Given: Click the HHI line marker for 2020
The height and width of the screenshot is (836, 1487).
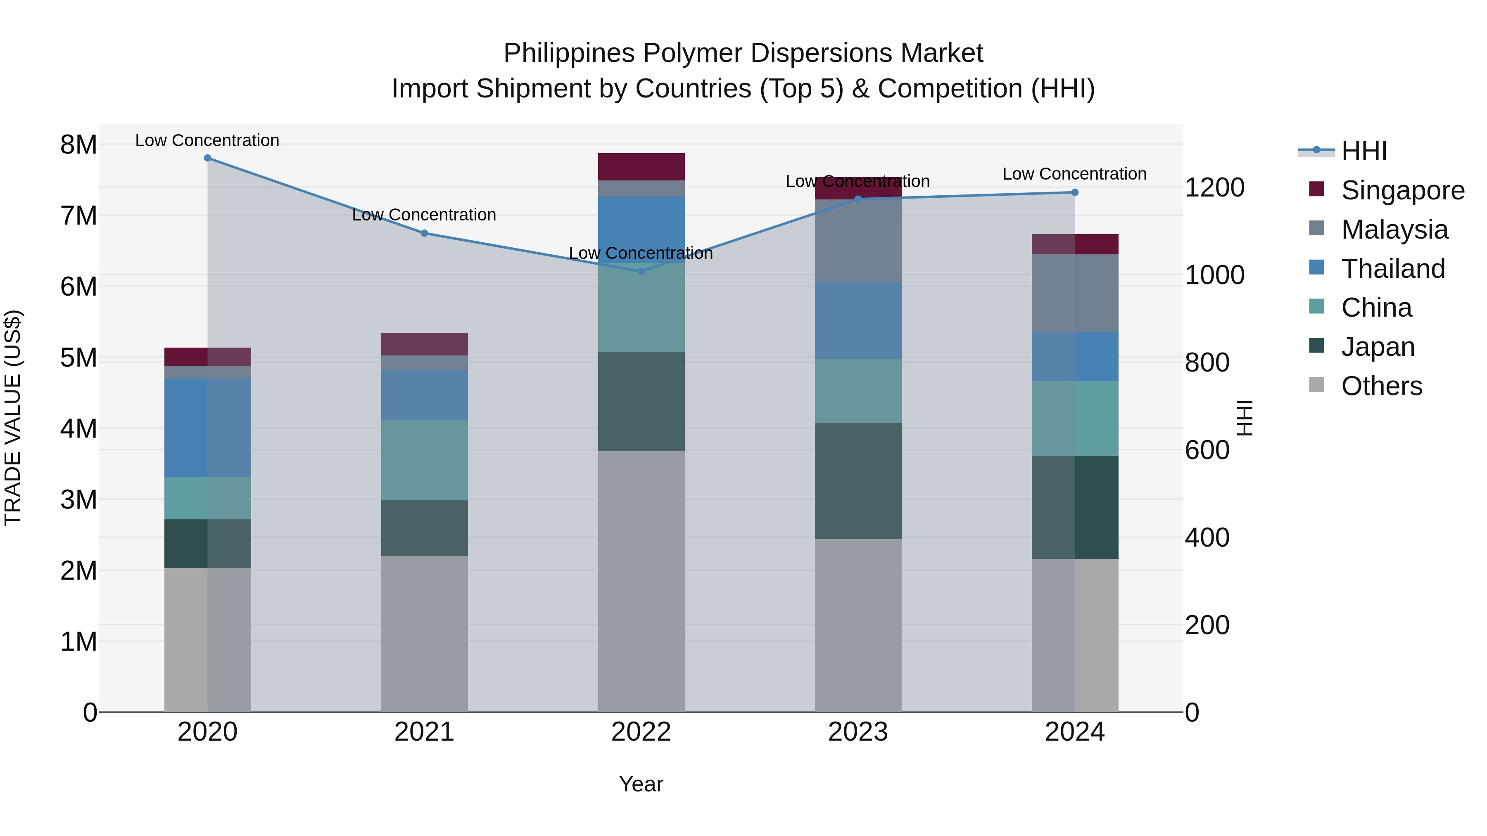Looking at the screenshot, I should pos(208,158).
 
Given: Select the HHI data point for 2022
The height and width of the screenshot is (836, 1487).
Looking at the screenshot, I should pos(641,271).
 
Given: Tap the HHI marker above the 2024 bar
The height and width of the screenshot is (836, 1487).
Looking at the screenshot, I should pos(1074,192).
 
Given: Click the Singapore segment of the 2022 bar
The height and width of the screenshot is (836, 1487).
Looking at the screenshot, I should pos(641,167).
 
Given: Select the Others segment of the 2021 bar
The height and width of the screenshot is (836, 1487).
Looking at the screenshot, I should pos(424,633).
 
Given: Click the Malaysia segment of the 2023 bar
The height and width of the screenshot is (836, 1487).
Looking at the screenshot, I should pos(858,241).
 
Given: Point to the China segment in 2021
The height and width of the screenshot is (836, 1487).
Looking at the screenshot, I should pos(424,460).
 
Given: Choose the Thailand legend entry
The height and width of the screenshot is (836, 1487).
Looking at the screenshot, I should pos(1392,269).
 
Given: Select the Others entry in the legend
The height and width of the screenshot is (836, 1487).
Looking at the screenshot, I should pos(1381,386).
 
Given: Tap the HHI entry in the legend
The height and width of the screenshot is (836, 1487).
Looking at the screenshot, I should pos(1363,151).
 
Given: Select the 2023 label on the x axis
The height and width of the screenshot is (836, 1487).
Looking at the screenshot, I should pos(858,732).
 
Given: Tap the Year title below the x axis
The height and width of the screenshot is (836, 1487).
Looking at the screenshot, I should pos(641,784).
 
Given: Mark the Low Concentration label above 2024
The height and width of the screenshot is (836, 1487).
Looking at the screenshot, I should pos(1074,174).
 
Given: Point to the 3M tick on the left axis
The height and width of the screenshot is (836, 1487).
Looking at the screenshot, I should pos(78,500).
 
